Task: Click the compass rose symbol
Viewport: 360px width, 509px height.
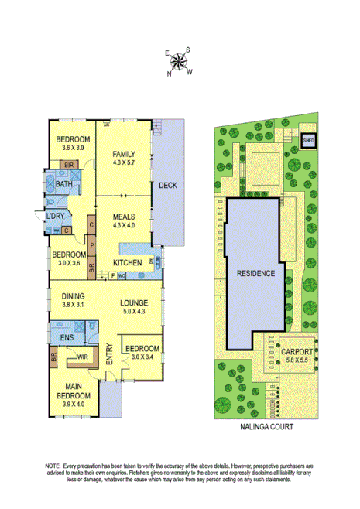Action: tap(180, 61)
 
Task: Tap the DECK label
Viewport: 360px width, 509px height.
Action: tap(168, 186)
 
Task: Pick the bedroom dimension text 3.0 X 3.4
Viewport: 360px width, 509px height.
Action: tap(142, 357)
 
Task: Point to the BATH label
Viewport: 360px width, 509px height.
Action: tap(64, 184)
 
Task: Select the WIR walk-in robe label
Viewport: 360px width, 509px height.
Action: tap(81, 357)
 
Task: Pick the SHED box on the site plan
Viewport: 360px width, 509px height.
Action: tap(307, 141)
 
